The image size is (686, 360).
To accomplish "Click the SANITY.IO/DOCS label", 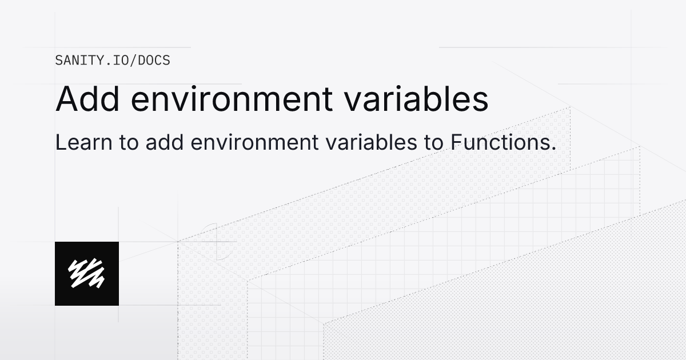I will click(x=113, y=60).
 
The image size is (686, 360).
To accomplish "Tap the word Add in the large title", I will click(x=88, y=99).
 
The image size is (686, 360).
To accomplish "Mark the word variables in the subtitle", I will click(x=370, y=143).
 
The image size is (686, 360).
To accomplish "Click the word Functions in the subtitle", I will click(x=502, y=143).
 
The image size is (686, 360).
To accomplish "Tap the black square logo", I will click(x=87, y=273).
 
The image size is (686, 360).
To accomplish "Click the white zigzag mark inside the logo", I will click(x=87, y=273).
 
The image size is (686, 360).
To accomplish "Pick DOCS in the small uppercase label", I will click(x=154, y=60).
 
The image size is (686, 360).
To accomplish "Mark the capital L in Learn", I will click(x=59, y=143).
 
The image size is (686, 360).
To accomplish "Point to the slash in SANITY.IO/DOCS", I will click(x=134, y=60).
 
